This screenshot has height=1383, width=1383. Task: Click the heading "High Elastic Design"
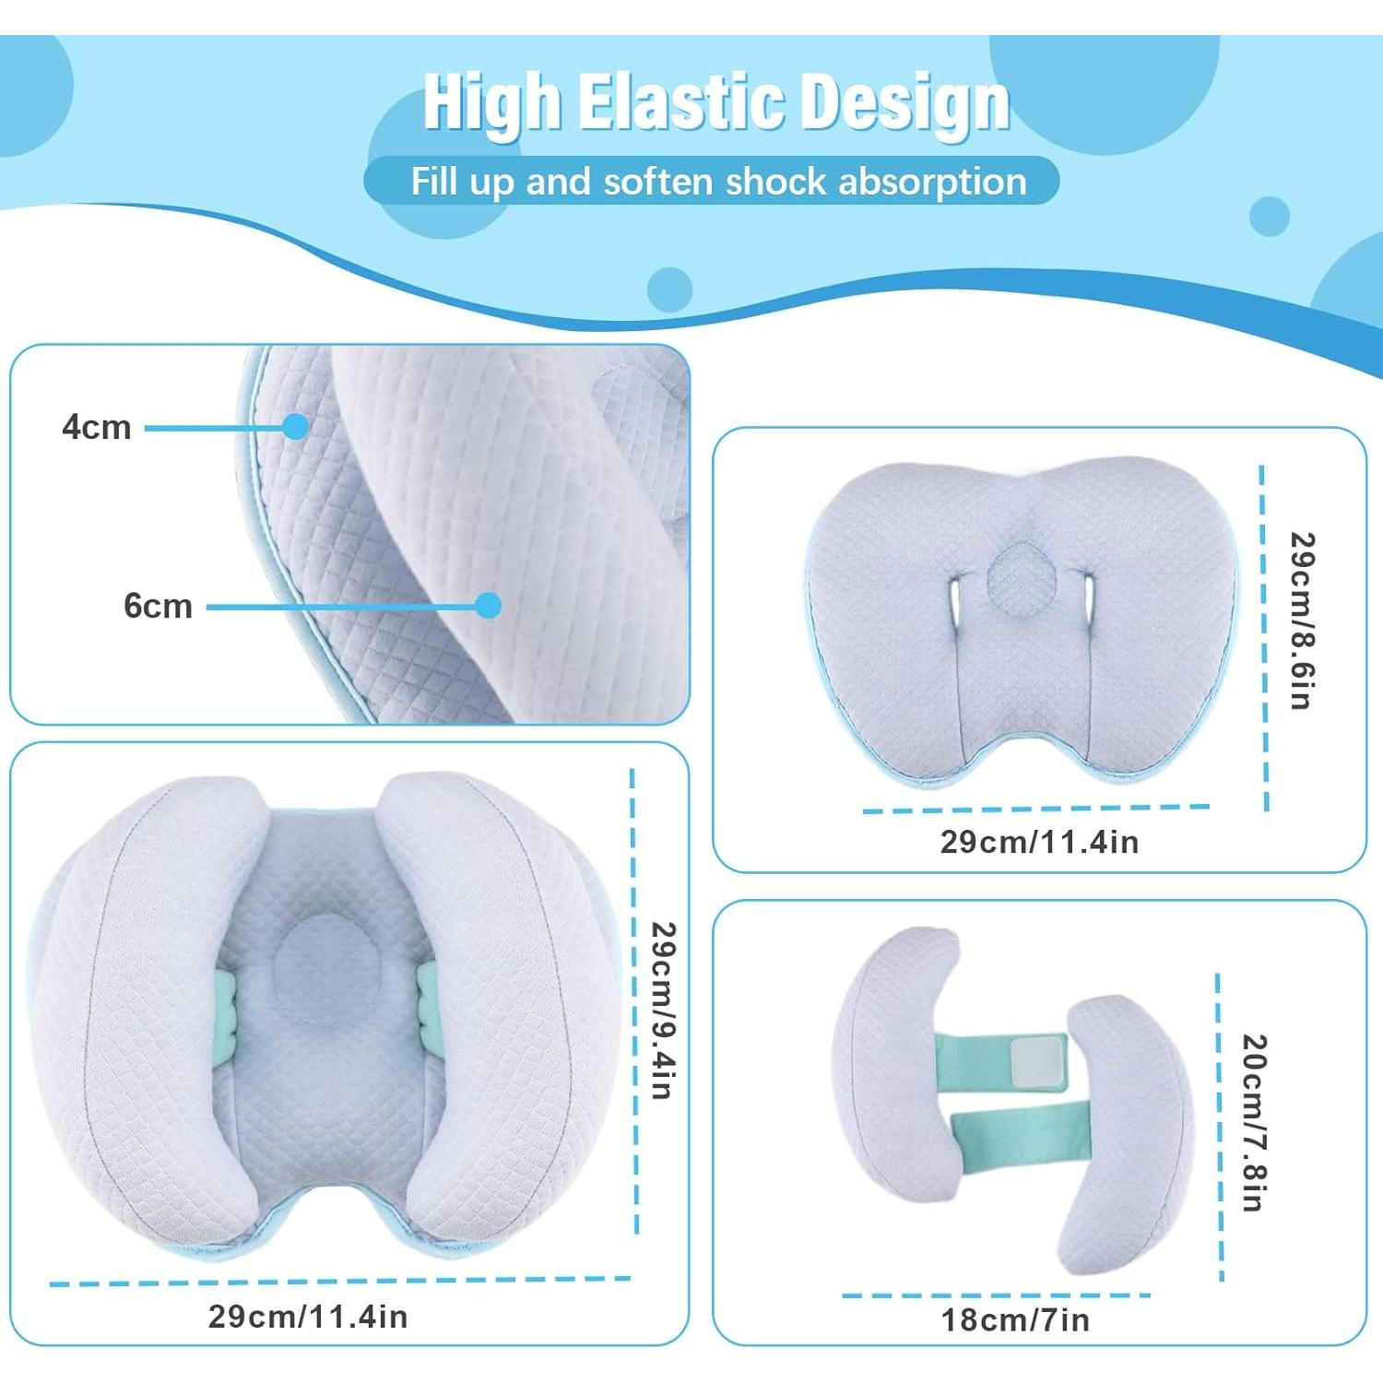pyautogui.click(x=715, y=101)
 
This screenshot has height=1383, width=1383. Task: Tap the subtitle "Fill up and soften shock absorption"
pyautogui.click(x=717, y=182)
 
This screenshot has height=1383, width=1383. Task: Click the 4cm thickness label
pyautogui.click(x=97, y=427)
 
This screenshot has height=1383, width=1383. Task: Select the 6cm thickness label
pyautogui.click(x=158, y=606)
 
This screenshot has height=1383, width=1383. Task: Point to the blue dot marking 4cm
pyautogui.click(x=296, y=426)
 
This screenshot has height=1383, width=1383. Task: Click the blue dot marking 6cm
pyautogui.click(x=489, y=605)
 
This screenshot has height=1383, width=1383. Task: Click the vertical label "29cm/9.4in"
pyautogui.click(x=663, y=1010)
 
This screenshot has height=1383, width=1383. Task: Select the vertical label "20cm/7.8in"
pyautogui.click(x=1253, y=1122)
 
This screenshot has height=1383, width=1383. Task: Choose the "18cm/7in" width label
pyautogui.click(x=1015, y=1320)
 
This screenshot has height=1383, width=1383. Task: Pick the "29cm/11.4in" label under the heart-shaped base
pyautogui.click(x=1039, y=842)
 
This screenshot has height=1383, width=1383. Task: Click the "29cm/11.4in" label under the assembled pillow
pyautogui.click(x=308, y=1317)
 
